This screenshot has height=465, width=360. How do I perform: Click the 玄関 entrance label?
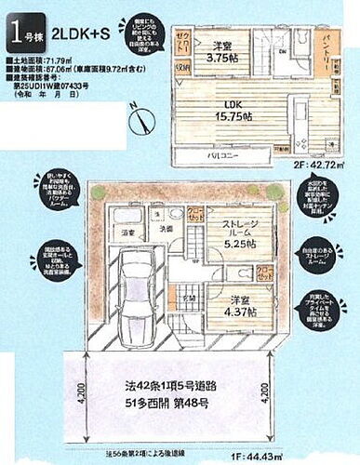coord(188,298)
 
